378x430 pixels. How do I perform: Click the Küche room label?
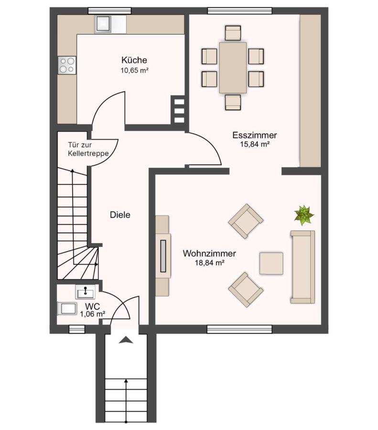coord(134,60)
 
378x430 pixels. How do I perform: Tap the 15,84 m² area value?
coord(255,144)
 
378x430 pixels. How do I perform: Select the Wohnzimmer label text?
coord(209,253)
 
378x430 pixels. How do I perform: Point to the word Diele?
coord(120,215)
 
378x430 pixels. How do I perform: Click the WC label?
coord(92,306)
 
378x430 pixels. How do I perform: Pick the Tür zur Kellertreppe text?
coord(88,149)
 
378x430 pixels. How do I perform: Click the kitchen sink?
coord(103,24)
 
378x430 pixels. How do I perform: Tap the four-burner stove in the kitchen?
coord(67,65)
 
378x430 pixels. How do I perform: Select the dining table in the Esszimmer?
coord(233,68)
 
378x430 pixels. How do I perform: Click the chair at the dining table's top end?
coord(233,33)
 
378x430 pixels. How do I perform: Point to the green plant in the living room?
coord(304,215)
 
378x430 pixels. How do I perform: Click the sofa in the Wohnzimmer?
coord(302,267)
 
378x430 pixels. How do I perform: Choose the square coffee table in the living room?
coord(271,263)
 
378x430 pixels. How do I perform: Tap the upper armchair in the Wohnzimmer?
coord(246,221)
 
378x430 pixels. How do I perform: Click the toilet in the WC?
coord(67,309)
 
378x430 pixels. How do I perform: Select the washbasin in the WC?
coord(86,292)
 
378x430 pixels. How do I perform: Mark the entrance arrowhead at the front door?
coord(126,340)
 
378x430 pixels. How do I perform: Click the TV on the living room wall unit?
coord(163,256)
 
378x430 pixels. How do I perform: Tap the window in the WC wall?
coord(77,329)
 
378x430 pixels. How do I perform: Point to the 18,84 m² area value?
coord(210,263)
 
